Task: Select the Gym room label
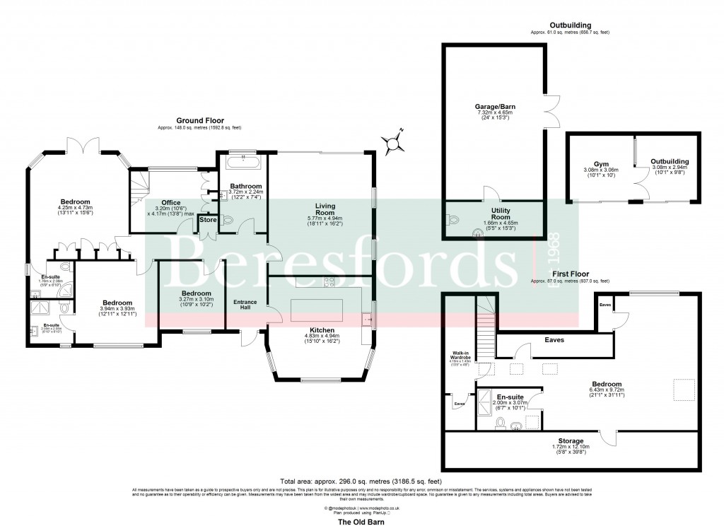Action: point(591,163)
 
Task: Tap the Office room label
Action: point(172,202)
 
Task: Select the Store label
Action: point(209,220)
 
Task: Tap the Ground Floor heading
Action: point(199,121)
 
